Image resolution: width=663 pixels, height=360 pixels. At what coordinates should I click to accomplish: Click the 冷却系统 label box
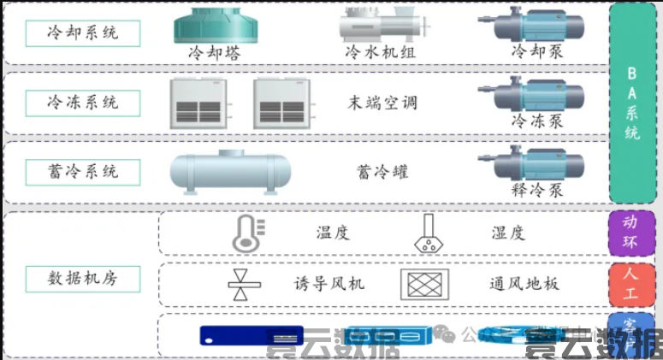click(83, 33)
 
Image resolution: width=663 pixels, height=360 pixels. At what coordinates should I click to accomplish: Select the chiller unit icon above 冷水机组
click(379, 25)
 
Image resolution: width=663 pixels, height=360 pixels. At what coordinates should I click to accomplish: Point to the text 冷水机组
click(379, 52)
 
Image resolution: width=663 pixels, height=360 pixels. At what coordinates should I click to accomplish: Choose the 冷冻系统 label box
click(83, 102)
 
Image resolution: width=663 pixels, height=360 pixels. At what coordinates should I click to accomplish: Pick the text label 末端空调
click(382, 103)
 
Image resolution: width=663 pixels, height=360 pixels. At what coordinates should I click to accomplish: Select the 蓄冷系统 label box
click(83, 170)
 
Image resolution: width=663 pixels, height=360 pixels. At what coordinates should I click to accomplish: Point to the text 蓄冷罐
click(382, 171)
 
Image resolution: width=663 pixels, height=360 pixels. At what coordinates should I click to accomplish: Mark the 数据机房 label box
click(83, 279)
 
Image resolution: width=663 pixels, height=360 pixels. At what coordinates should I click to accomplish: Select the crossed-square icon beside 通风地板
click(425, 283)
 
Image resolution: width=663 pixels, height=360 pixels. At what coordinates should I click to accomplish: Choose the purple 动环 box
click(630, 233)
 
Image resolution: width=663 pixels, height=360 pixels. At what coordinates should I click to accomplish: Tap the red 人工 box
click(630, 284)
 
